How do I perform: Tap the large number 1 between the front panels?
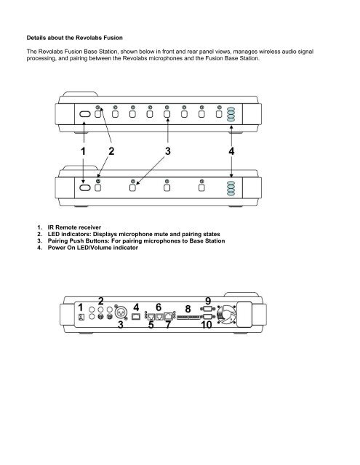pyautogui.click(x=84, y=152)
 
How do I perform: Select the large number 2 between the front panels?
pyautogui.click(x=112, y=152)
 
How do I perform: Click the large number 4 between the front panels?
pyautogui.click(x=231, y=152)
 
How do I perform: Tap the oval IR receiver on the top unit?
pyautogui.click(x=84, y=115)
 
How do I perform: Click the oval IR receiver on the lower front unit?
pyautogui.click(x=84, y=187)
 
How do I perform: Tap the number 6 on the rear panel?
pyautogui.click(x=159, y=307)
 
